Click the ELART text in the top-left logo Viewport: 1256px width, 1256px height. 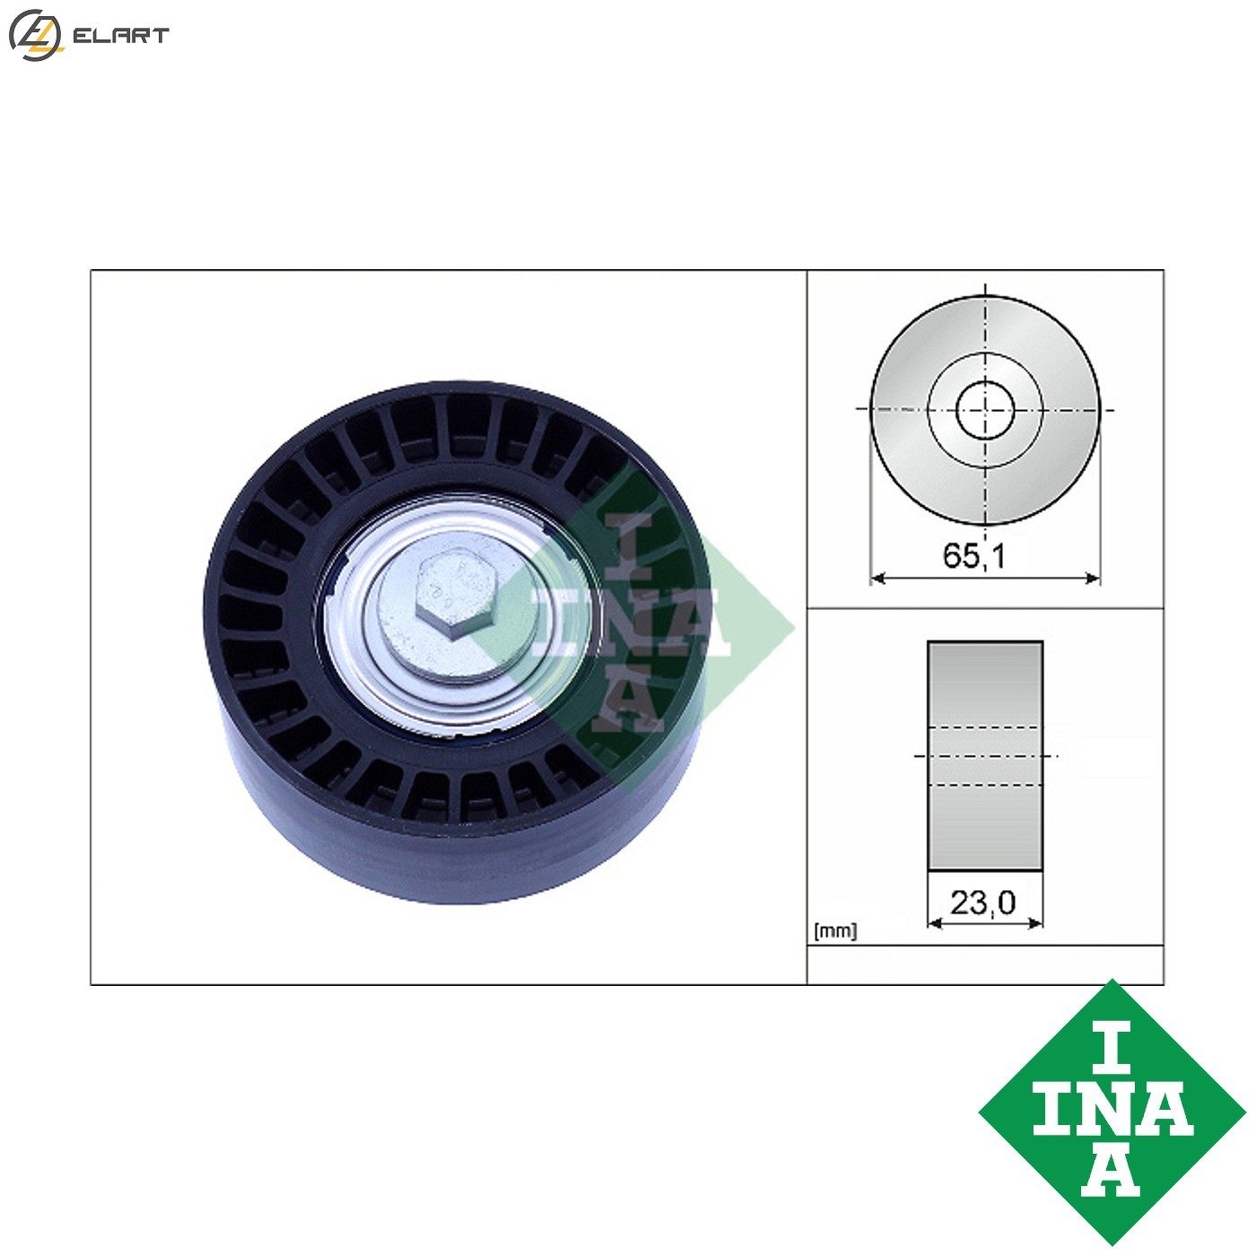coord(120,36)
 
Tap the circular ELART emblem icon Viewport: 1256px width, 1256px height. coord(35,36)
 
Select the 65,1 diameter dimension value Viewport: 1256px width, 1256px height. coord(974,556)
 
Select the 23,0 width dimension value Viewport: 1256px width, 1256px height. coord(983,902)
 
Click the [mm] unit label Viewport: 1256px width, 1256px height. coord(835,931)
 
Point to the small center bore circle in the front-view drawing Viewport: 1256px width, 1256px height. coord(985,410)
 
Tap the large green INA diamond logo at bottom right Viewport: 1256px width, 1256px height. coord(1112,1112)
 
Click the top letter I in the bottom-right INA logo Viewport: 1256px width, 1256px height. coord(1112,1046)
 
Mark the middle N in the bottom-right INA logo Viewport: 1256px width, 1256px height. coord(1112,1111)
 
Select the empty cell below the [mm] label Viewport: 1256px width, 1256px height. coord(985,965)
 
